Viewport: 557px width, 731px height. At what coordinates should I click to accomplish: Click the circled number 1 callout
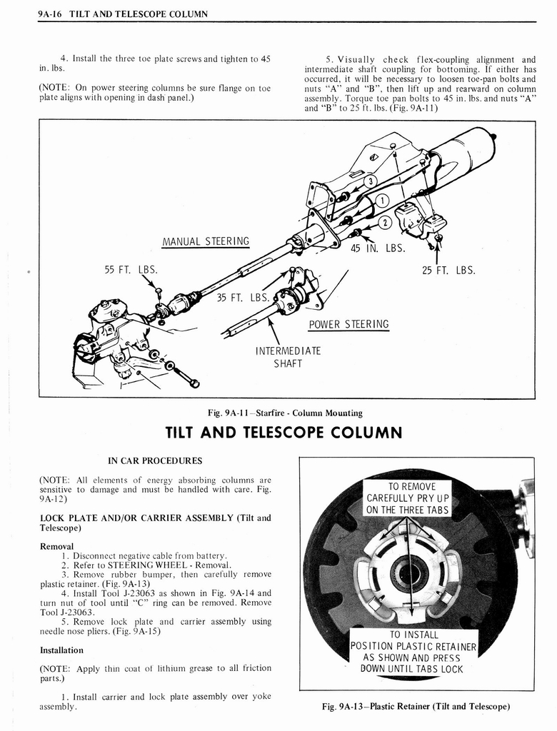tap(381, 201)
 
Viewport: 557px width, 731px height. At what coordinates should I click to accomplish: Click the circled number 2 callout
tap(383, 221)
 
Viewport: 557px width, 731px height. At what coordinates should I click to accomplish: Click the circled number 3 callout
tap(369, 181)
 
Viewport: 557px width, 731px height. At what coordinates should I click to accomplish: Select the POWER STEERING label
tap(348, 324)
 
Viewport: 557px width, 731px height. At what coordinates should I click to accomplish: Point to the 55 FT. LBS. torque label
tap(131, 270)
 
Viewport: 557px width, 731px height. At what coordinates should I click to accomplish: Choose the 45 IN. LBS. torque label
tap(378, 248)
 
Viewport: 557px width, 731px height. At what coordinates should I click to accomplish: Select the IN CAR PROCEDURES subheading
tap(155, 460)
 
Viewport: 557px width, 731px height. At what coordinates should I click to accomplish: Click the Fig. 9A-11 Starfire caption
tap(284, 413)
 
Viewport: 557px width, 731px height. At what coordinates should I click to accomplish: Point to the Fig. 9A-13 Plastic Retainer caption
tap(416, 706)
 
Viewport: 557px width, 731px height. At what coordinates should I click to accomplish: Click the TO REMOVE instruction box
tap(408, 498)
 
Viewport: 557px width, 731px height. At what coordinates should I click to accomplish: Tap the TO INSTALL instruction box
tap(413, 652)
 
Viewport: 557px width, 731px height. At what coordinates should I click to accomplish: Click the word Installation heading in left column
tap(62, 650)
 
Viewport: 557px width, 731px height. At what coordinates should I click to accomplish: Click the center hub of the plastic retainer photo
tap(409, 573)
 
